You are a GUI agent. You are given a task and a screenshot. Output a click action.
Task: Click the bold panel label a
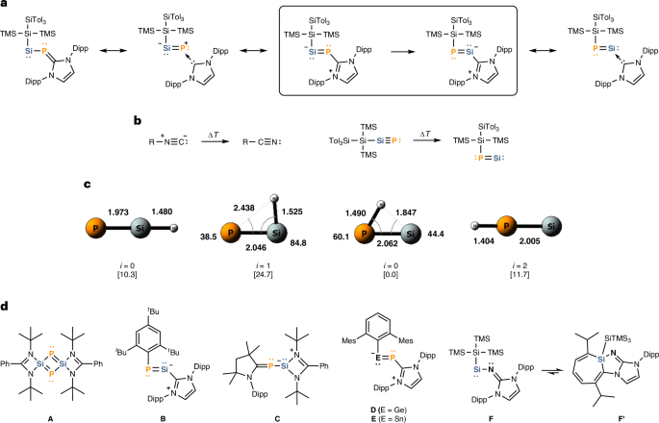(x=6, y=6)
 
